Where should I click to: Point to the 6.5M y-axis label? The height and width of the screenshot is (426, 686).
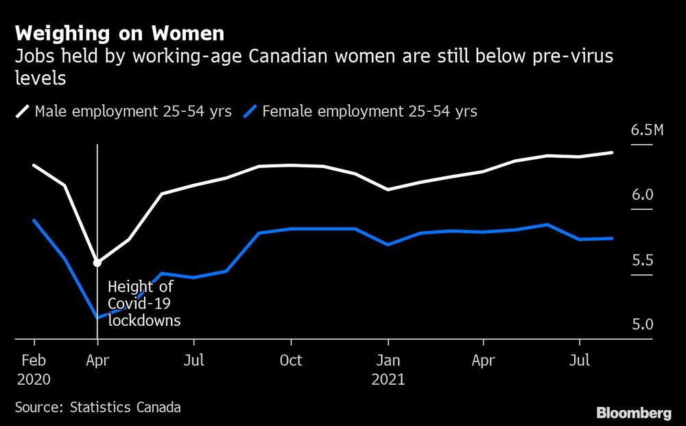647,130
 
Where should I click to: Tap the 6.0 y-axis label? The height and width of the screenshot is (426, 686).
642,196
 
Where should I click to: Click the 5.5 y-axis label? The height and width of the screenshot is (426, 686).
642,261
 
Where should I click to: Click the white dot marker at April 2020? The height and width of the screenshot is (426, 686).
97,262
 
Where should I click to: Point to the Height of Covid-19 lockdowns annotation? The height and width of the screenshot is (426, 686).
143,303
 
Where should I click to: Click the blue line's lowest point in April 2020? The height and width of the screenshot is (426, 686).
97,318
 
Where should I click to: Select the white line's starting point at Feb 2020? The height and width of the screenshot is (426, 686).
34,165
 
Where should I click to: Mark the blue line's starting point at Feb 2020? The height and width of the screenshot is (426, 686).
34,220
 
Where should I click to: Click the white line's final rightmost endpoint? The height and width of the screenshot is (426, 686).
612,152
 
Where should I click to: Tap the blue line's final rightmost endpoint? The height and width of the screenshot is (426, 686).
612,238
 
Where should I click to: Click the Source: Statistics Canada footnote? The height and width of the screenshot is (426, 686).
98,407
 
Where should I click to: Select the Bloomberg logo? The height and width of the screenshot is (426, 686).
633,412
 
